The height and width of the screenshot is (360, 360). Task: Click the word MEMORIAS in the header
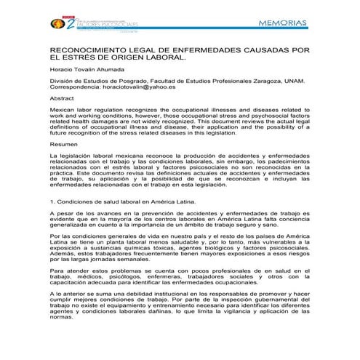click(283, 23)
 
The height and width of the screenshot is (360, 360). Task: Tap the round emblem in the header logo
click(57, 24)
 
